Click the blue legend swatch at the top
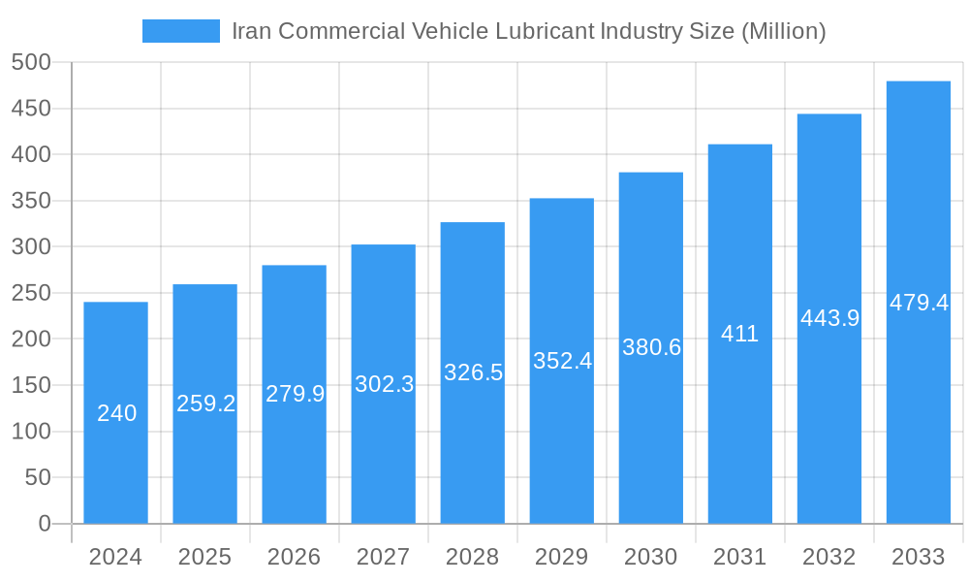click(181, 31)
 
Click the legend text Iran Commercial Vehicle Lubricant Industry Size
click(528, 31)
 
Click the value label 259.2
click(205, 404)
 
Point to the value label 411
click(740, 334)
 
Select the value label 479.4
click(919, 303)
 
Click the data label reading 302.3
click(384, 384)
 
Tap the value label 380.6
click(651, 347)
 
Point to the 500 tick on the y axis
click(31, 62)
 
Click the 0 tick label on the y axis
click(45, 524)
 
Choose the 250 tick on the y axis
click(31, 293)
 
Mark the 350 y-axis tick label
click(31, 201)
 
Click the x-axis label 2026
click(295, 557)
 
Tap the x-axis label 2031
click(740, 557)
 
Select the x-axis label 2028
click(473, 557)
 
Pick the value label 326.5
click(473, 372)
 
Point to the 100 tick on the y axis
click(31, 432)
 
